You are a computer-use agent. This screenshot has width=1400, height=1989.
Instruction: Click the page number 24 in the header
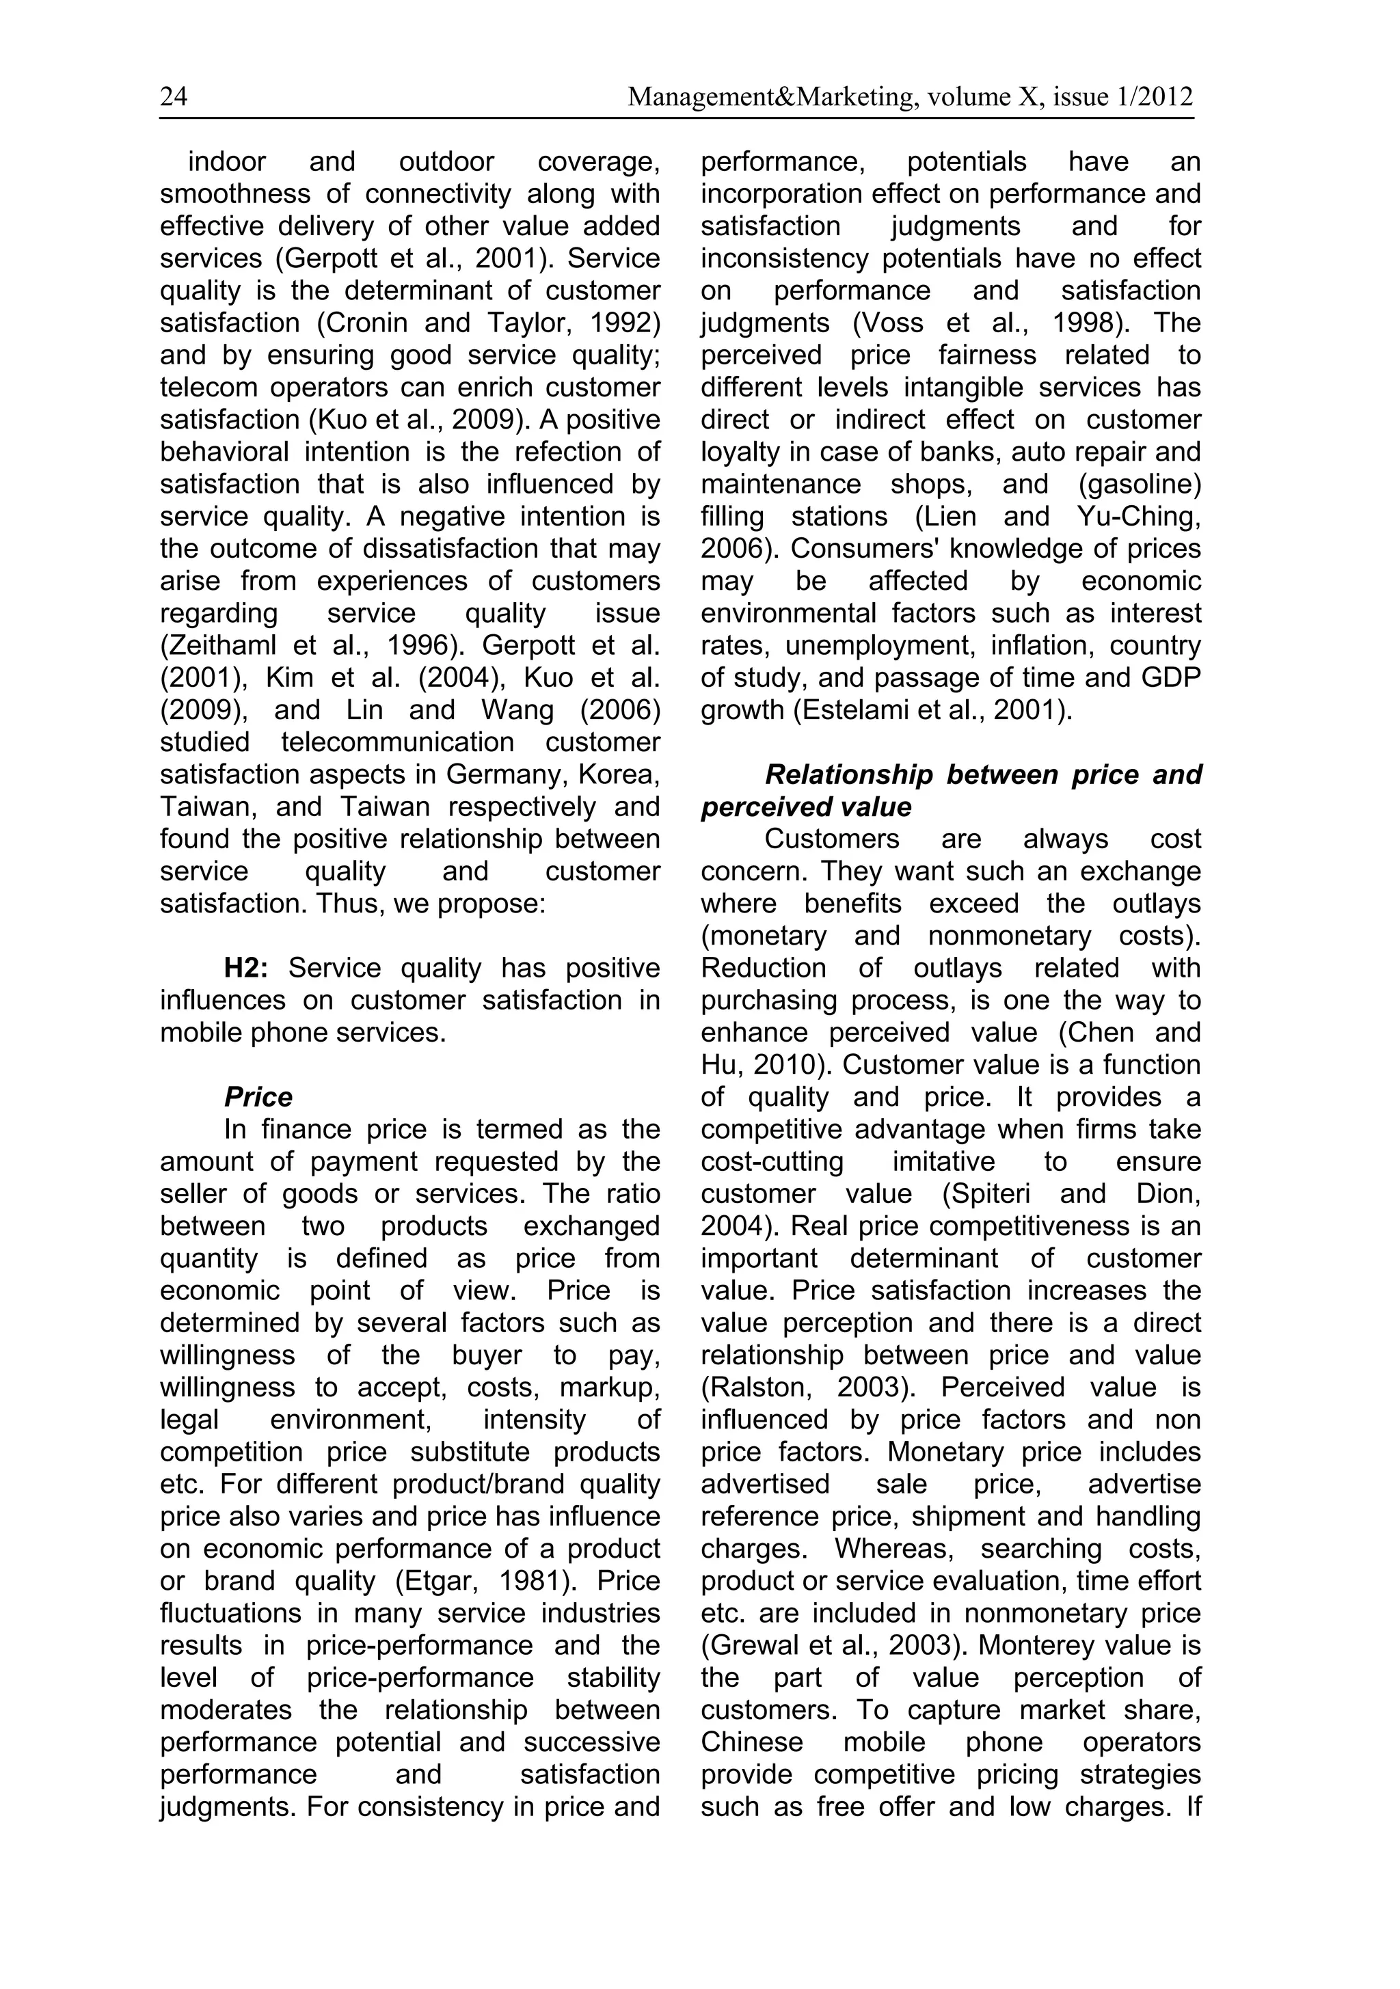[x=173, y=97]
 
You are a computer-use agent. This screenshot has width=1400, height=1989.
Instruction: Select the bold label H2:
[x=246, y=968]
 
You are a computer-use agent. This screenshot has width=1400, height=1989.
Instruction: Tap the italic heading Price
[x=258, y=1097]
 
